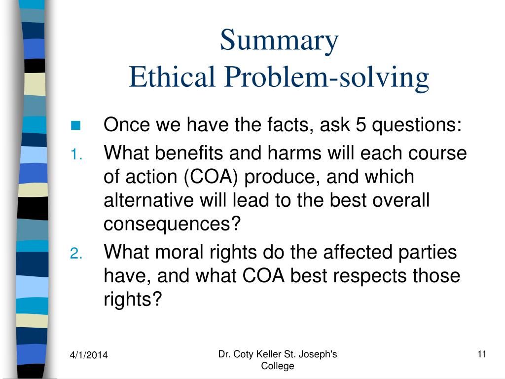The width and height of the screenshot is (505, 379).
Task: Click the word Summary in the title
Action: (x=279, y=41)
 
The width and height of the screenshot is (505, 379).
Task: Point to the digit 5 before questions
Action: (x=360, y=125)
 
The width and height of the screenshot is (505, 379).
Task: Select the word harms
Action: (x=278, y=153)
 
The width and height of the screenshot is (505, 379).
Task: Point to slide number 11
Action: (x=482, y=354)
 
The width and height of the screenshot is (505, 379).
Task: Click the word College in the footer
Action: (x=277, y=366)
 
